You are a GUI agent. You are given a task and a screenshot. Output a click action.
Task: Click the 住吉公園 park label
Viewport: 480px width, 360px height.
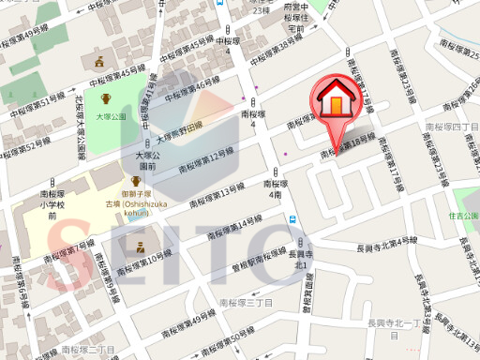pos(463,216)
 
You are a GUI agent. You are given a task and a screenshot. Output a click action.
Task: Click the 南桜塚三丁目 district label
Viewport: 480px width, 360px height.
pos(245,304)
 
